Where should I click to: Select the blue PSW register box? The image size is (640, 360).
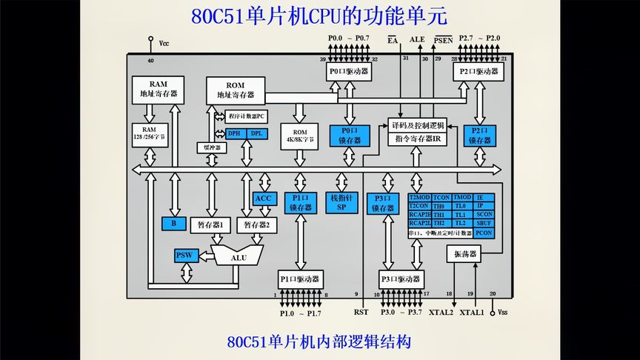(184, 256)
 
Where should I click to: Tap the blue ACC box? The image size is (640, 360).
(264, 199)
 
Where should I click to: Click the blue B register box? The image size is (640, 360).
(173, 223)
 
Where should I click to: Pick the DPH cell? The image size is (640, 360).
(234, 133)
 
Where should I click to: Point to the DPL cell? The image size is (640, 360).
(256, 133)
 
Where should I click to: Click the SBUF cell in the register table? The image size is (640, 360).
(484, 223)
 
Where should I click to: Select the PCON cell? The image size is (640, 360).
(484, 233)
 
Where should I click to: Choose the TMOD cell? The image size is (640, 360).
(462, 198)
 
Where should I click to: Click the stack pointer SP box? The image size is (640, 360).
(341, 203)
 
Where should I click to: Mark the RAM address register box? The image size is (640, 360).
(157, 90)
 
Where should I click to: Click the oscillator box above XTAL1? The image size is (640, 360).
(465, 254)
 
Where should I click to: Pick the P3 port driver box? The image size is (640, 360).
(400, 279)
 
